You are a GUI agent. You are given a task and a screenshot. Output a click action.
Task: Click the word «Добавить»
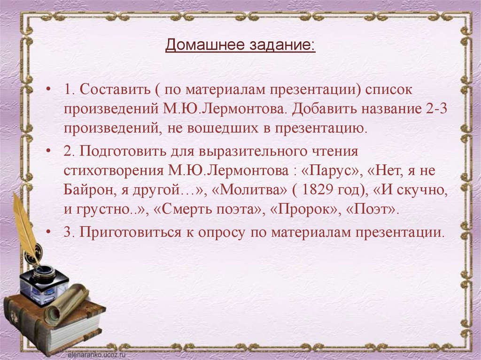tap(323, 109)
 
